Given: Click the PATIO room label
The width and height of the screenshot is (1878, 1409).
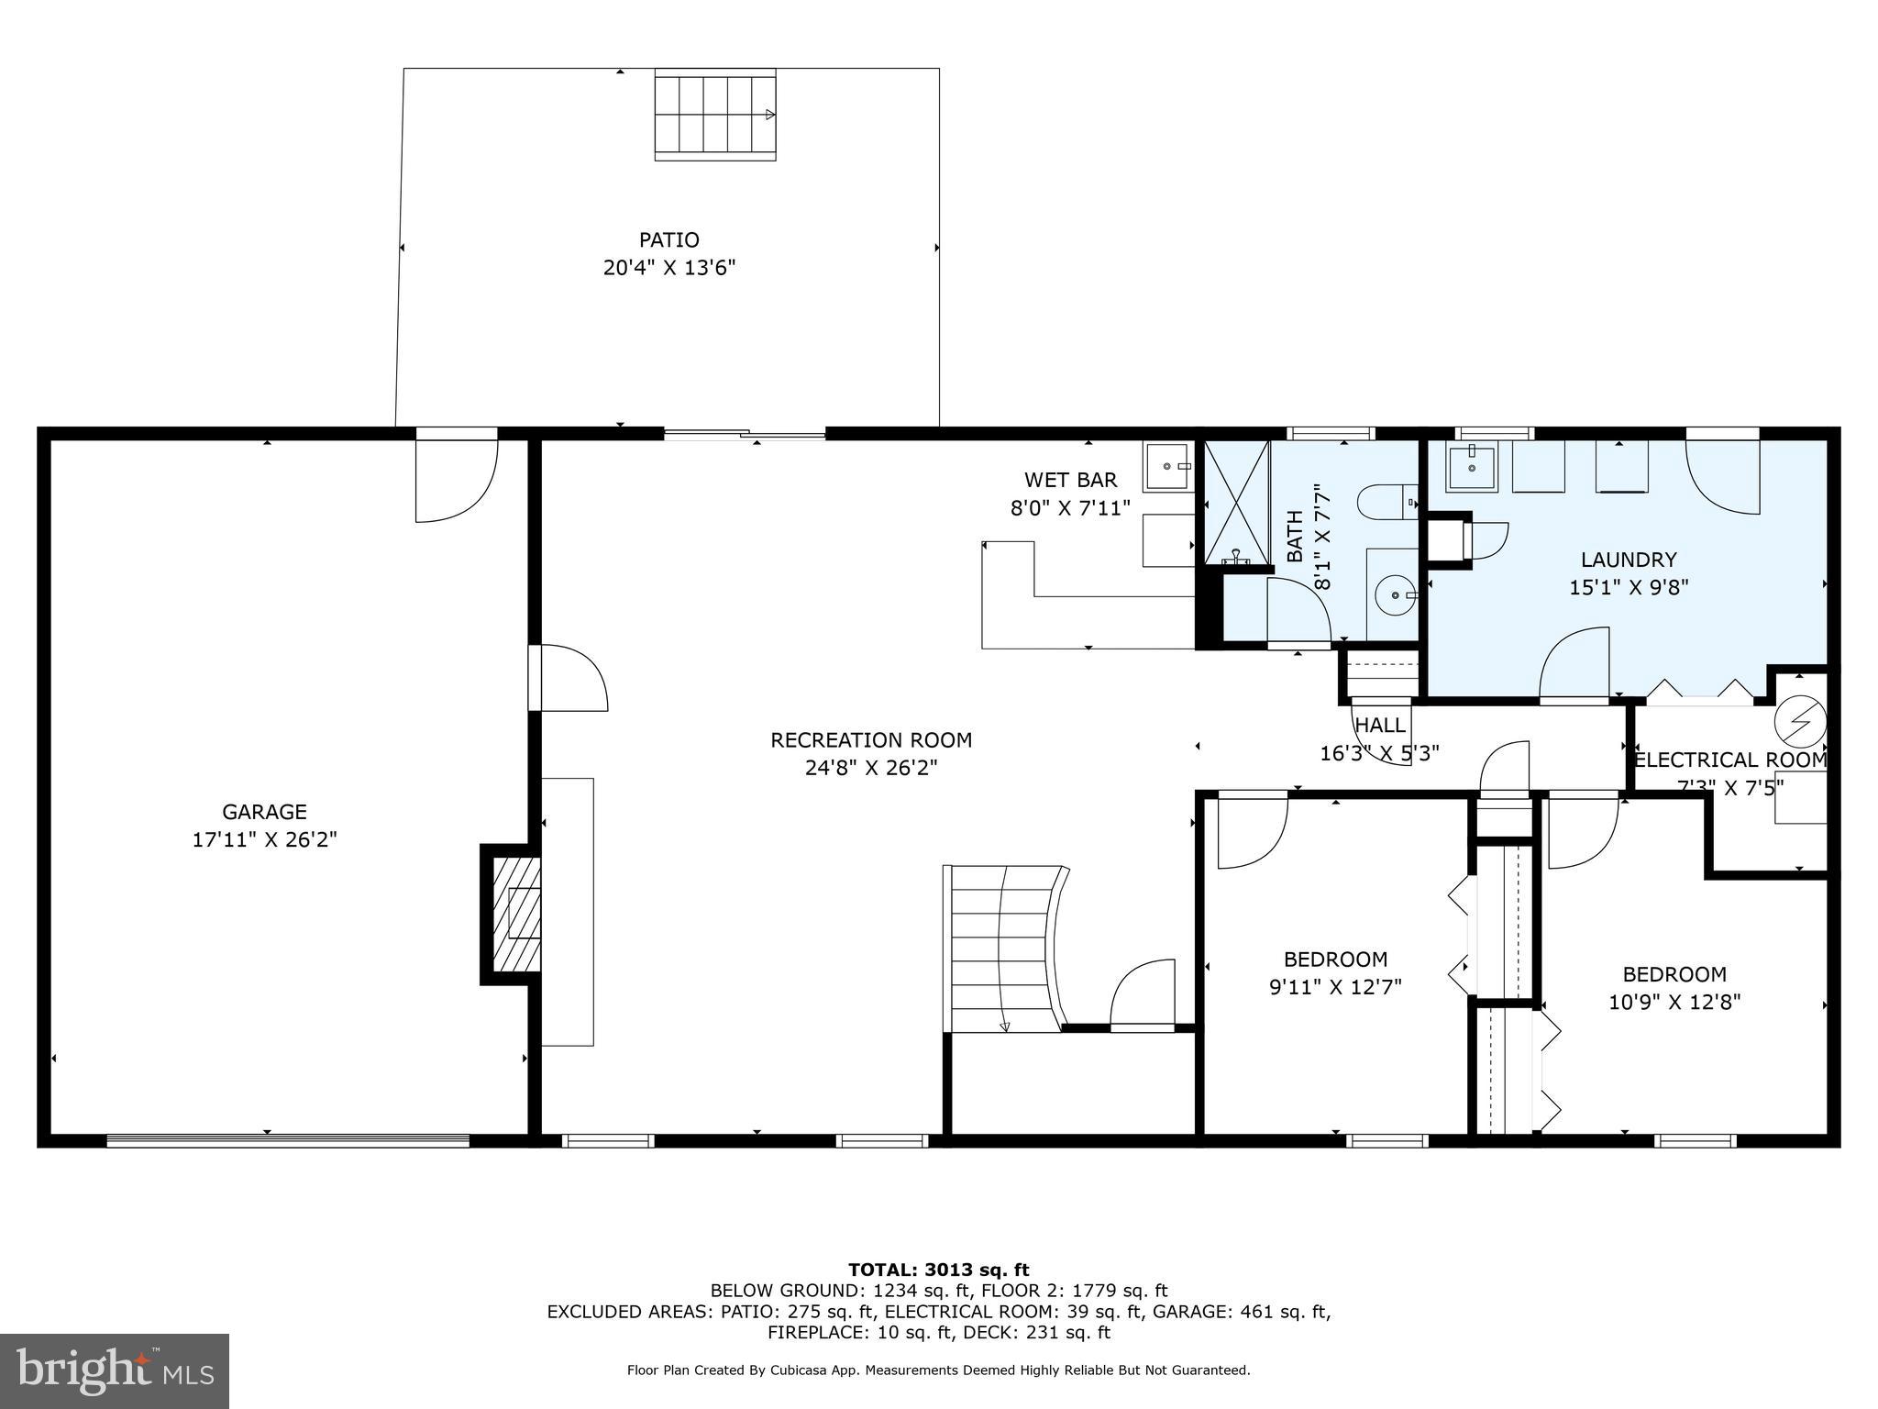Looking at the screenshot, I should click(669, 240).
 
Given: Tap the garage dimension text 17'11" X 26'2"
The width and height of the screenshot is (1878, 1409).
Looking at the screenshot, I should click(265, 839).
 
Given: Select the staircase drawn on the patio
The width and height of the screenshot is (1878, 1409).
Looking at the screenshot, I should click(715, 115).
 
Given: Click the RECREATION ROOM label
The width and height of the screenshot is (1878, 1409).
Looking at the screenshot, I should click(871, 740).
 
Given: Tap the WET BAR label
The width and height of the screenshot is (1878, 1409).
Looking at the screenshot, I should click(1070, 480).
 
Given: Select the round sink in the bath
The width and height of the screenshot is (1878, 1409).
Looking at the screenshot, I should click(1395, 595).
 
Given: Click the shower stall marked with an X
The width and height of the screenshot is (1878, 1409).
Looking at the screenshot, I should click(1236, 503).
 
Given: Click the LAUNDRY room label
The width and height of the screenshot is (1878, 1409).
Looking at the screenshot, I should click(1629, 560).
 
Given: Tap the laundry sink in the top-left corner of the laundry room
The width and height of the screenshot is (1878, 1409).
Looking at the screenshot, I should click(1471, 469).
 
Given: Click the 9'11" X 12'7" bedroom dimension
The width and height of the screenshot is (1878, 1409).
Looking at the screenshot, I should click(1335, 987).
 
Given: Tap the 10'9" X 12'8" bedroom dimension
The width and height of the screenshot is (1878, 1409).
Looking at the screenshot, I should click(1674, 1002).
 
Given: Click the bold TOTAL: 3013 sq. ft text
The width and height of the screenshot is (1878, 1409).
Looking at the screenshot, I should click(938, 1270).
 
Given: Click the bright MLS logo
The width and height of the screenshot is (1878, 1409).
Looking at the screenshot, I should click(115, 1370).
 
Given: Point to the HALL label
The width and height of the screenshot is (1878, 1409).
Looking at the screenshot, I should click(1380, 725).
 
